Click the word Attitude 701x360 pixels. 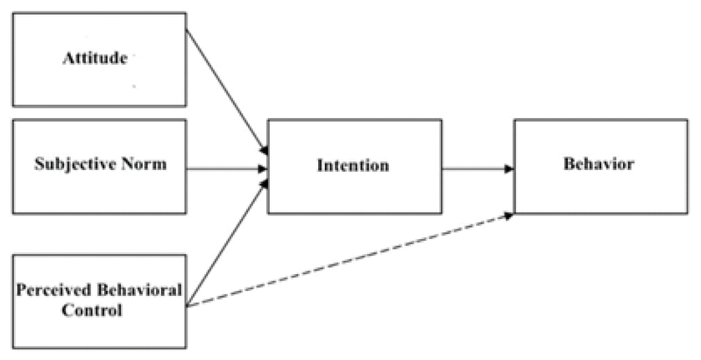(x=96, y=59)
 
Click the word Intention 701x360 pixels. (x=354, y=166)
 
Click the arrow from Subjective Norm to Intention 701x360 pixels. (x=226, y=166)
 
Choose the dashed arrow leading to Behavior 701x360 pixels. (x=350, y=260)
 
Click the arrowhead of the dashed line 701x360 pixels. (x=509, y=213)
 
